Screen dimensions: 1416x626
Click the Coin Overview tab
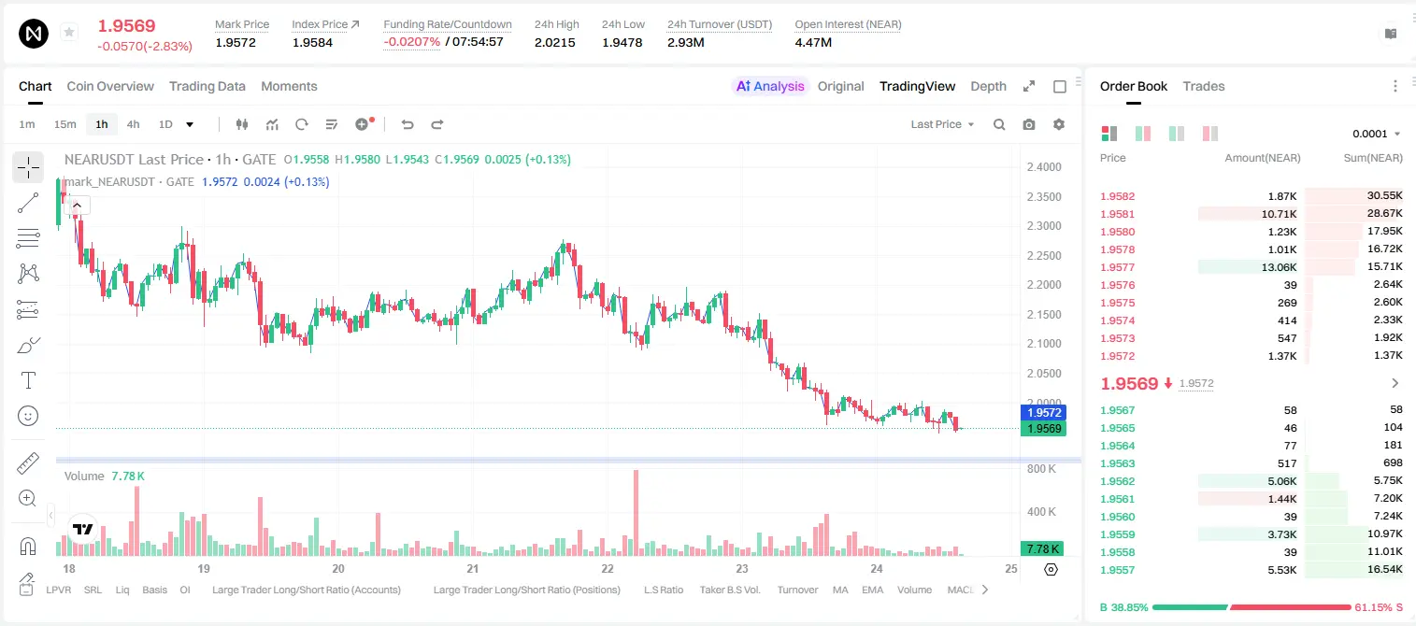pyautogui.click(x=110, y=86)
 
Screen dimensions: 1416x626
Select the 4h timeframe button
pyautogui.click(x=133, y=124)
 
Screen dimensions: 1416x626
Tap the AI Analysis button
pyautogui.click(x=770, y=86)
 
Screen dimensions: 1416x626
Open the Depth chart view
pyautogui.click(x=988, y=86)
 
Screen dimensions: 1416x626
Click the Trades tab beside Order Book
pyautogui.click(x=1204, y=86)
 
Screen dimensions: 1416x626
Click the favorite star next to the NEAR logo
pyautogui.click(x=69, y=32)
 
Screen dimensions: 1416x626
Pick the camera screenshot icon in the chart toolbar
pyautogui.click(x=1029, y=124)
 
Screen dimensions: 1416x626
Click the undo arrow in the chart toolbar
pyautogui.click(x=408, y=124)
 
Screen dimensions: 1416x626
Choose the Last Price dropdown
pyautogui.click(x=942, y=124)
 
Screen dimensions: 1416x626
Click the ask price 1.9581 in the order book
pyautogui.click(x=1117, y=214)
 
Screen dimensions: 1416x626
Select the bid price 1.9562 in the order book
pyautogui.click(x=1117, y=481)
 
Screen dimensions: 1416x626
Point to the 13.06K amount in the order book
pyautogui.click(x=1279, y=267)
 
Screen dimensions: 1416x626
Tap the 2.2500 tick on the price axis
pyautogui.click(x=1044, y=255)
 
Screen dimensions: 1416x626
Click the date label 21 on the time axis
pyautogui.click(x=472, y=568)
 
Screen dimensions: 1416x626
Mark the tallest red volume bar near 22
pyautogui.click(x=636, y=513)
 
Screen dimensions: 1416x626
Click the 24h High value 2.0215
pyautogui.click(x=554, y=42)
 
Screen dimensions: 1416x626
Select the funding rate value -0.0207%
pyautogui.click(x=411, y=42)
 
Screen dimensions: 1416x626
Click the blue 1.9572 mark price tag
pyautogui.click(x=1043, y=412)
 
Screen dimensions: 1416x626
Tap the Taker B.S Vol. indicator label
pyautogui.click(x=729, y=590)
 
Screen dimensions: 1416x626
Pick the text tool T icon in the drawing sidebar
pyautogui.click(x=28, y=380)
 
